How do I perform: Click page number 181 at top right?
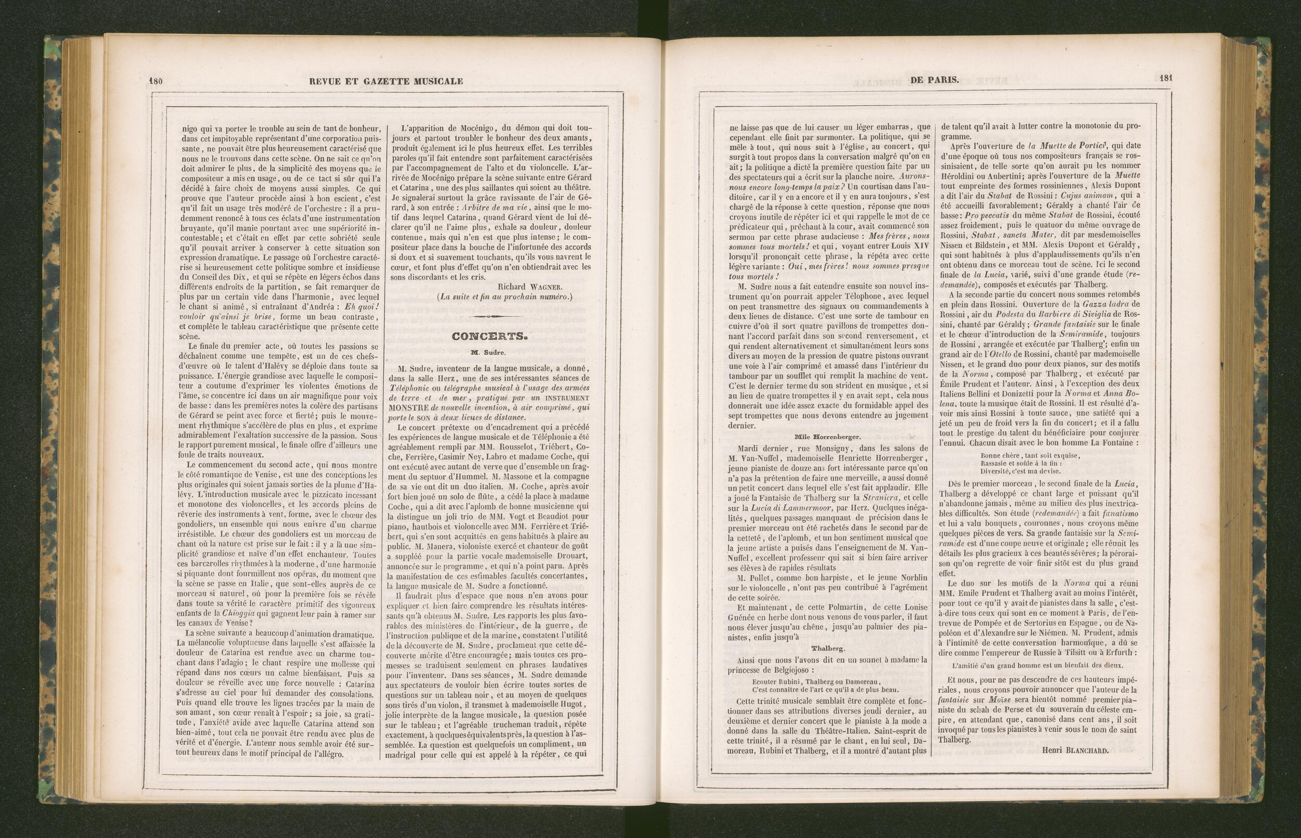click(x=1165, y=79)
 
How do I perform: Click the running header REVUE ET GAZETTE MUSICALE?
click(x=386, y=81)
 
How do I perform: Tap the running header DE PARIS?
click(x=934, y=80)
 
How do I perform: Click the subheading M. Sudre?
click(x=488, y=353)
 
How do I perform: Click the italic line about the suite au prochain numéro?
click(x=505, y=296)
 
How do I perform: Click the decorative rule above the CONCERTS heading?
click(x=488, y=317)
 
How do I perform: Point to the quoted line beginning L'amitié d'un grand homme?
click(x=1038, y=665)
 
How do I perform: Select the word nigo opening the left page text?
click(x=189, y=129)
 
